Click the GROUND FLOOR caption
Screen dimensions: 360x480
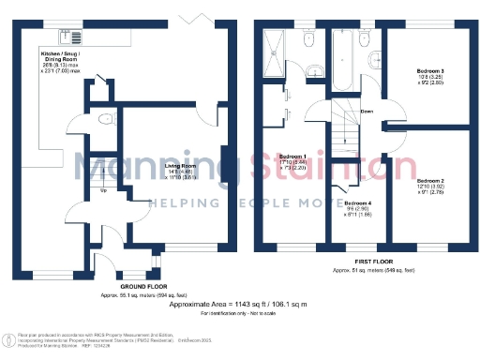point(143,287)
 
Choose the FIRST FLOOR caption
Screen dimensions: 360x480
point(373,262)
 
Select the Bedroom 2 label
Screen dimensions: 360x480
point(429,179)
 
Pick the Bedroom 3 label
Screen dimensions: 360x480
point(430,69)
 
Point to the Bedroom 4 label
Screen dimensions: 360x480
point(356,203)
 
